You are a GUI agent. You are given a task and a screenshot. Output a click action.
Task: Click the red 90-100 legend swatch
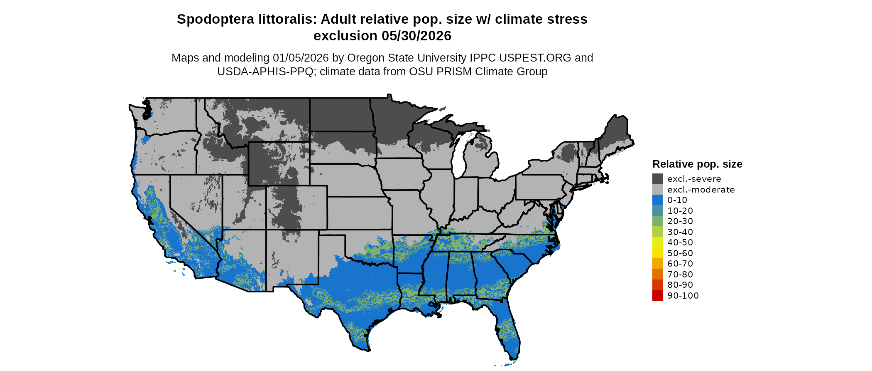657,295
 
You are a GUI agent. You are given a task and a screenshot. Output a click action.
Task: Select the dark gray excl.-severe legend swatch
657,179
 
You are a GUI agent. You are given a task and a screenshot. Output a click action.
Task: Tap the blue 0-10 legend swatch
657,200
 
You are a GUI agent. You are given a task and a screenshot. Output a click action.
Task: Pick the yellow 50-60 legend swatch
657,253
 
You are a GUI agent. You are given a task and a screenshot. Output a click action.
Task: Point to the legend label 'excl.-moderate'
701,190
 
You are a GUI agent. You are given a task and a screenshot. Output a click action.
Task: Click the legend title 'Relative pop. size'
697,164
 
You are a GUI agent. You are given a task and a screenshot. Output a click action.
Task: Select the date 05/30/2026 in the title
416,36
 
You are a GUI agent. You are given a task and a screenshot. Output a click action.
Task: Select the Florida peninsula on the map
509,333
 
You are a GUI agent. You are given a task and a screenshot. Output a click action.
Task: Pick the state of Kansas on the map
359,213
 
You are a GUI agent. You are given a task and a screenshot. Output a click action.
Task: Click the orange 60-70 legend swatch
657,264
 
